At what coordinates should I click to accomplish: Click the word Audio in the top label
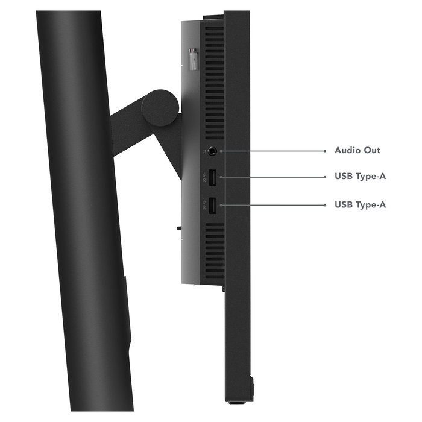click(x=347, y=150)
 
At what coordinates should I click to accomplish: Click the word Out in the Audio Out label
click(x=372, y=150)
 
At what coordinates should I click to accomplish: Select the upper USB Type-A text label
click(x=360, y=176)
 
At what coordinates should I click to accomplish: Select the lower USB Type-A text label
click(x=360, y=205)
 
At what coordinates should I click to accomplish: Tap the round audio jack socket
click(x=212, y=151)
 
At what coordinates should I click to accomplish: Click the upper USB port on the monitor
click(x=212, y=177)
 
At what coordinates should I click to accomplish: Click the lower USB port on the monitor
click(x=212, y=206)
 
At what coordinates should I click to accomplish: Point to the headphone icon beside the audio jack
click(x=204, y=151)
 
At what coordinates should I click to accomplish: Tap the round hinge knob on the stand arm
click(x=160, y=108)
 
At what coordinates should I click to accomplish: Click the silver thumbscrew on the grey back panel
click(x=192, y=59)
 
